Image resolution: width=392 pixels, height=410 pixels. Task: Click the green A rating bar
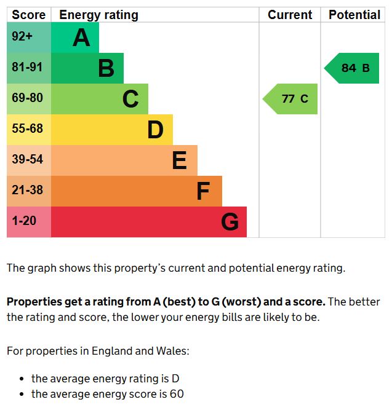(74, 37)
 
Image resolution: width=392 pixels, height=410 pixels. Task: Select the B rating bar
(87, 68)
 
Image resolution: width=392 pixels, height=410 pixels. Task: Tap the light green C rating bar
(99, 99)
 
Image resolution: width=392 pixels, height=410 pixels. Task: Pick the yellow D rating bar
(111, 130)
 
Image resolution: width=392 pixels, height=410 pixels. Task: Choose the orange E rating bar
(124, 160)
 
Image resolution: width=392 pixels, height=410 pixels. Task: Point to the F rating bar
(136, 191)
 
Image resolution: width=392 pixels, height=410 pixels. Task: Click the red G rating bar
(148, 222)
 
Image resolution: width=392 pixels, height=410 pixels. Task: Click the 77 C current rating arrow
(292, 99)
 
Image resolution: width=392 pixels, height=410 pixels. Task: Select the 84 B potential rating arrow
(353, 68)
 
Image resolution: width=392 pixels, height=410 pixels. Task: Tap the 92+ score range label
(22, 37)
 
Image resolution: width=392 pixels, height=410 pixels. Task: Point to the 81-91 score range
(27, 68)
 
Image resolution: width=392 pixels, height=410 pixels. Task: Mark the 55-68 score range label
(27, 129)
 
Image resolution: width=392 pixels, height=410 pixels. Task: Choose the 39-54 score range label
(27, 160)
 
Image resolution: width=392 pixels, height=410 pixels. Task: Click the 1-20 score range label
(25, 220)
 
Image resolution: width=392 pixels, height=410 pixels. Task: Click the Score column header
(28, 15)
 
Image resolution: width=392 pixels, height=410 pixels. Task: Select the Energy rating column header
(98, 15)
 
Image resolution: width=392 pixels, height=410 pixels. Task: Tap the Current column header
(290, 15)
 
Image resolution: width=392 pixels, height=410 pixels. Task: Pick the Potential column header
(354, 15)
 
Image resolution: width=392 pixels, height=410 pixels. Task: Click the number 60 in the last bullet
(177, 394)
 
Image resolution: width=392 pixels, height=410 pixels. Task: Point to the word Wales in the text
(174, 352)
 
